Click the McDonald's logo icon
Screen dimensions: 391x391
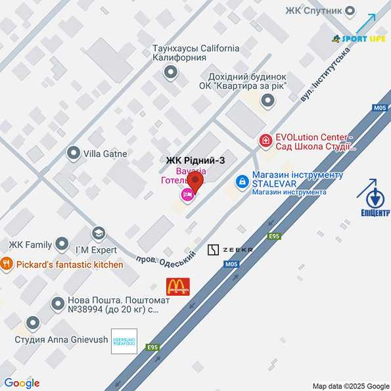coord(177,286)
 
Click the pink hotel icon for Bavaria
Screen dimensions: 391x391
coord(187,195)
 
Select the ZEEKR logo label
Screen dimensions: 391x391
coord(230,250)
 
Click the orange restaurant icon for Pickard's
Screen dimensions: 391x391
coord(7,264)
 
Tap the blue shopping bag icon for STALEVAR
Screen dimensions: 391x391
coord(242,179)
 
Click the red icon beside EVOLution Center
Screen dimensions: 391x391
coord(265,140)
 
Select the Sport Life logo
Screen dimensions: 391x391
coord(359,39)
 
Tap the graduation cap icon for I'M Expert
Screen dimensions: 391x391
coord(99,233)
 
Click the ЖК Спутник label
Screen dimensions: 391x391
coord(314,10)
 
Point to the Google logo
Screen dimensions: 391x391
coord(22,383)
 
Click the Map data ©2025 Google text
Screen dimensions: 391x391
coord(351,386)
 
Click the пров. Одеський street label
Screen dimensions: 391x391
coord(166,258)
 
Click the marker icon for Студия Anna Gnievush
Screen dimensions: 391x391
coord(32,323)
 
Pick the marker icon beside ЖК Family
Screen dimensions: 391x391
coord(62,245)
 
